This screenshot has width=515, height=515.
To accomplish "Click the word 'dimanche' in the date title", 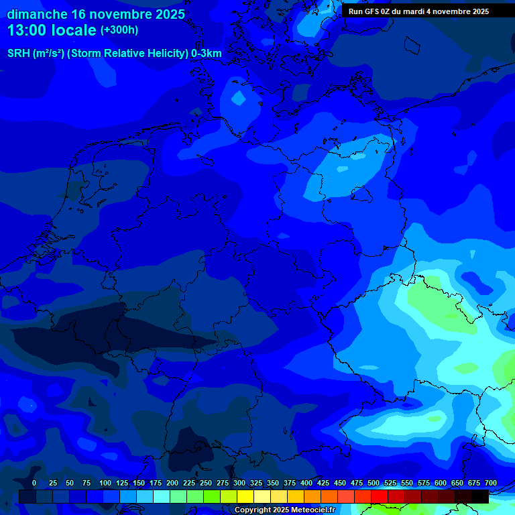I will tap(37, 14).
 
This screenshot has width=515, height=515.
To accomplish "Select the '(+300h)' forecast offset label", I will tap(119, 30).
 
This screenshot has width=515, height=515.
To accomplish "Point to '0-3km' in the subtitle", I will tap(207, 54).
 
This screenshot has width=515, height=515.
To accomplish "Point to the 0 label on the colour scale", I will tap(34, 483).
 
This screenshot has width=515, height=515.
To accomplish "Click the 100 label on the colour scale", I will tap(105, 483).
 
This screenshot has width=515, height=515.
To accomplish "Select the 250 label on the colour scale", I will tap(206, 483).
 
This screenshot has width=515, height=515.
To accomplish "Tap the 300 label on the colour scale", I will tap(239, 483).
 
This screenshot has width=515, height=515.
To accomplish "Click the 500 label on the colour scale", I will tap(374, 483).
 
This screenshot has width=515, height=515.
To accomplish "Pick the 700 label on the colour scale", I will tap(490, 483).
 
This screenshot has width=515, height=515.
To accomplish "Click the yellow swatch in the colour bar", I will tap(245, 496).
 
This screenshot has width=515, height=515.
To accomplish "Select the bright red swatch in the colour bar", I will tap(380, 496).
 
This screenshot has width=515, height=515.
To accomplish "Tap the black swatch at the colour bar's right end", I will tap(480, 496).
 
